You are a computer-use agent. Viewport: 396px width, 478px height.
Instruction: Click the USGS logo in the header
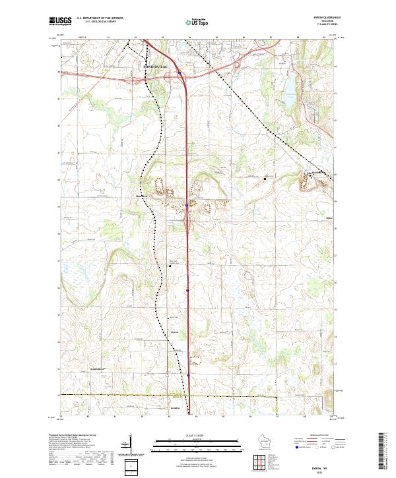[x=60, y=20]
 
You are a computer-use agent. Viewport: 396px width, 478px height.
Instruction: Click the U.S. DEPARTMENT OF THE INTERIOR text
[x=100, y=18]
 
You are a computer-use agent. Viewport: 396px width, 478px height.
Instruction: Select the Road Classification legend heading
[x=315, y=436]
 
